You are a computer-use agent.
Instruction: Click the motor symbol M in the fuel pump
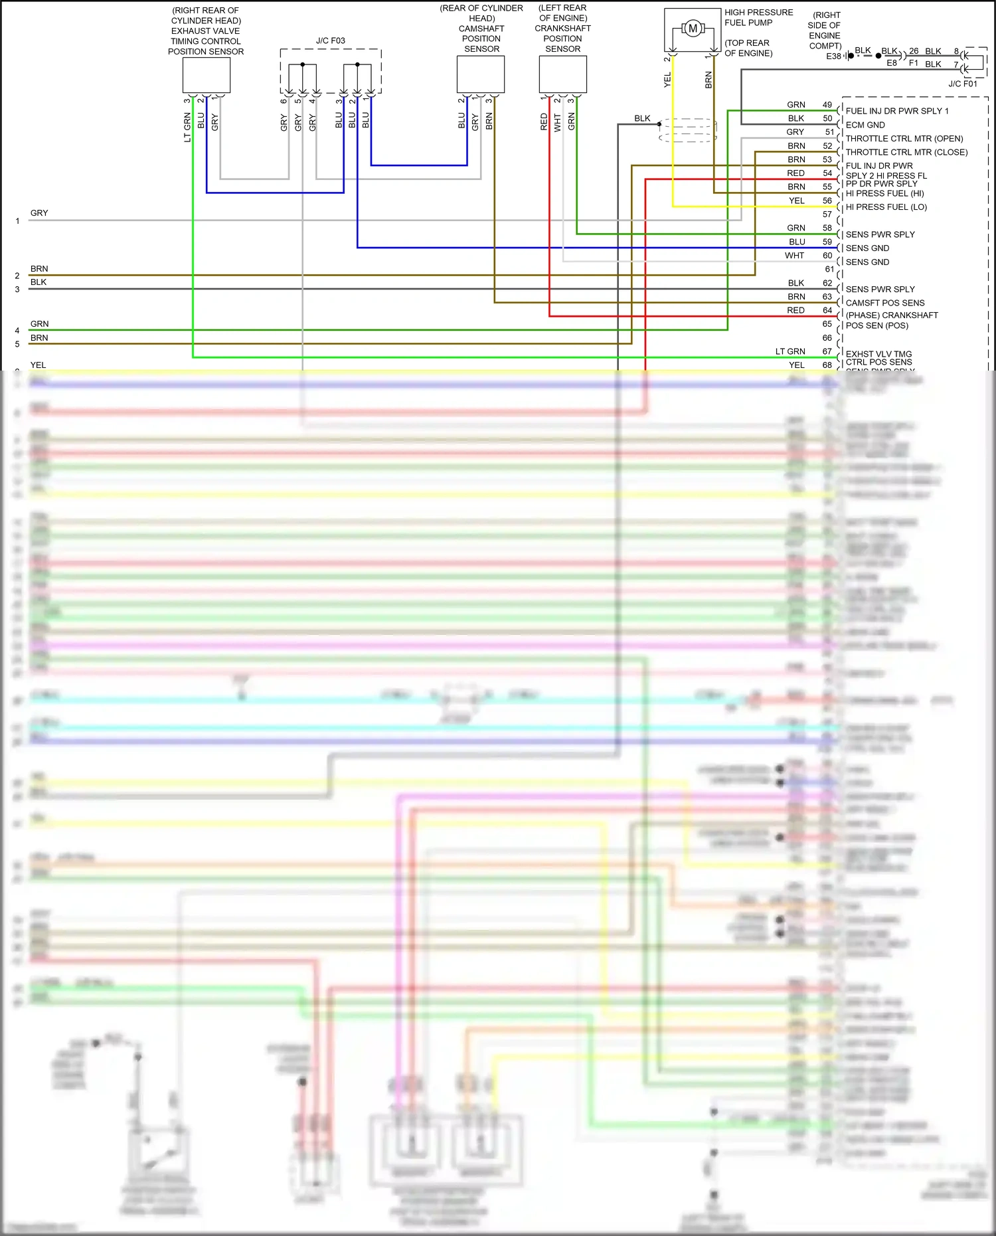(x=693, y=29)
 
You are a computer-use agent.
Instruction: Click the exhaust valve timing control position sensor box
(x=206, y=75)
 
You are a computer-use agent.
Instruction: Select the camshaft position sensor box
(x=481, y=74)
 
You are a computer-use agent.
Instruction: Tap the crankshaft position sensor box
(x=562, y=74)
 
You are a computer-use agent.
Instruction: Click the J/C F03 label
(x=330, y=41)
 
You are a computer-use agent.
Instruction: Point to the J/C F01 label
(x=962, y=84)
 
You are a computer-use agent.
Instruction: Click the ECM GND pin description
(x=865, y=125)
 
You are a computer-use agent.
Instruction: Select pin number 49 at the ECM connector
(x=827, y=105)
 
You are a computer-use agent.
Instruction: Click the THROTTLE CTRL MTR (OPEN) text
(x=904, y=139)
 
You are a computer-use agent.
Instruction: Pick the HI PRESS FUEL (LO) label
(x=886, y=207)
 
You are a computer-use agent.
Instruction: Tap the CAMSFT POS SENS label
(x=884, y=303)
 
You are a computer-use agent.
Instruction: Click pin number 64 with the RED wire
(x=827, y=310)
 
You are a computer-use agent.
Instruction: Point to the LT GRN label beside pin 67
(x=790, y=351)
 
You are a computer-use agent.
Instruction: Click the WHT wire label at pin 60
(x=794, y=256)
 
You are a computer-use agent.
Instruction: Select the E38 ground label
(x=833, y=56)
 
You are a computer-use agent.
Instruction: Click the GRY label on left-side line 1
(x=39, y=213)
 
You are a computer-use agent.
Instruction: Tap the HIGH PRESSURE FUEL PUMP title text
(x=758, y=17)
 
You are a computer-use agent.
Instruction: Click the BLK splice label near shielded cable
(x=642, y=119)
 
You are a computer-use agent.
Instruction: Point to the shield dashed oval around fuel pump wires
(x=688, y=130)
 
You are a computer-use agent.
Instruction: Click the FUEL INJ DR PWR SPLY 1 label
(x=896, y=111)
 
